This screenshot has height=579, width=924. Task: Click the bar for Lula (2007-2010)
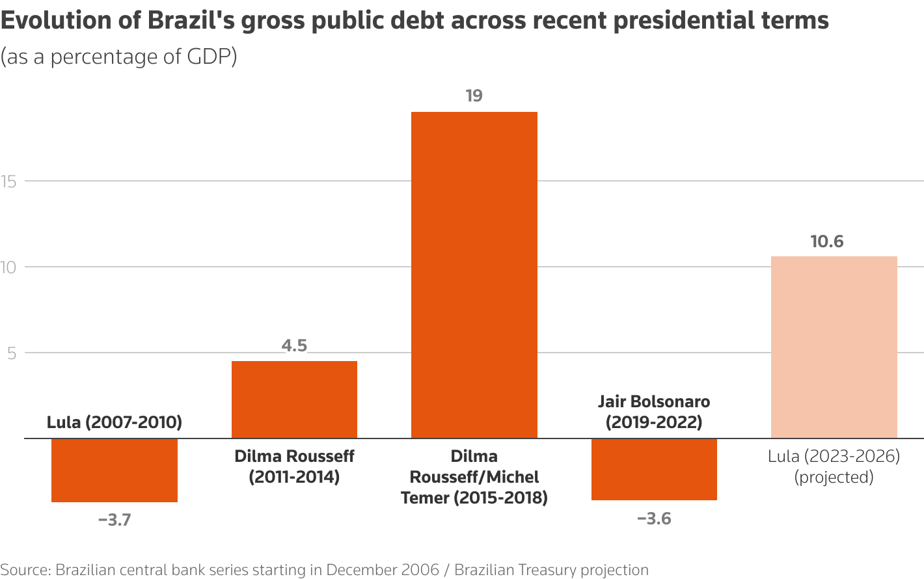coord(115,470)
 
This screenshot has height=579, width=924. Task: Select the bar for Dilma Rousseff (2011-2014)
coord(294,399)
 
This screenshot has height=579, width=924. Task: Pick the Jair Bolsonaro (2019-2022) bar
coord(654,469)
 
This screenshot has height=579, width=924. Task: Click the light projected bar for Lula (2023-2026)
coord(834,347)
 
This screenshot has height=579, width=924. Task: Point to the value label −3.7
coord(115,520)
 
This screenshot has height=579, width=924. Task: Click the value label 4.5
coord(294,345)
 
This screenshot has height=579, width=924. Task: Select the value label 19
coord(474,96)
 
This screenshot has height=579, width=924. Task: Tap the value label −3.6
coord(654,518)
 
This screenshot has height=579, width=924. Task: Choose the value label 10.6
coord(827,242)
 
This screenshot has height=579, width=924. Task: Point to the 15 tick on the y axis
coord(8,182)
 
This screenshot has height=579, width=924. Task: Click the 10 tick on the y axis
coord(8,267)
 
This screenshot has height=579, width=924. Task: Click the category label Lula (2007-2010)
coord(115,422)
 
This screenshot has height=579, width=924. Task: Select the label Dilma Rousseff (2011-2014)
coord(294,466)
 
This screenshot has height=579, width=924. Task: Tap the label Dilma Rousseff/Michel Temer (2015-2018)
coord(474,477)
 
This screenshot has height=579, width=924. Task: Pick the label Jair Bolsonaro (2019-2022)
coord(654,412)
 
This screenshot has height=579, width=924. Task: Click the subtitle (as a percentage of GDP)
coord(119,57)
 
